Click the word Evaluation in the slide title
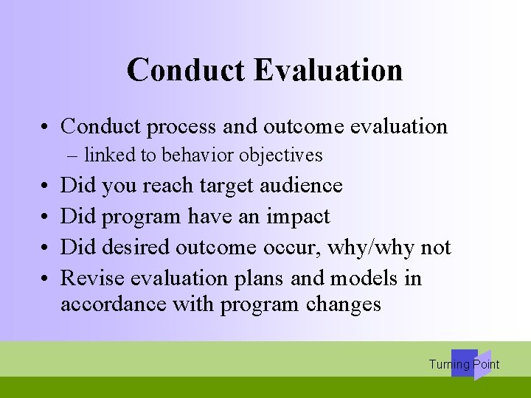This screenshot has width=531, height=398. click(x=328, y=70)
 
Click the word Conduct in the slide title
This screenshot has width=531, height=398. click(x=187, y=70)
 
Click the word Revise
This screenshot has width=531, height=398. click(x=92, y=278)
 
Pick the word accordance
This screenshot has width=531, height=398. click(x=114, y=304)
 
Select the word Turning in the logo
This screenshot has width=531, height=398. click(x=449, y=364)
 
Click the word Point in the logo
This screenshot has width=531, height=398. click(x=486, y=364)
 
